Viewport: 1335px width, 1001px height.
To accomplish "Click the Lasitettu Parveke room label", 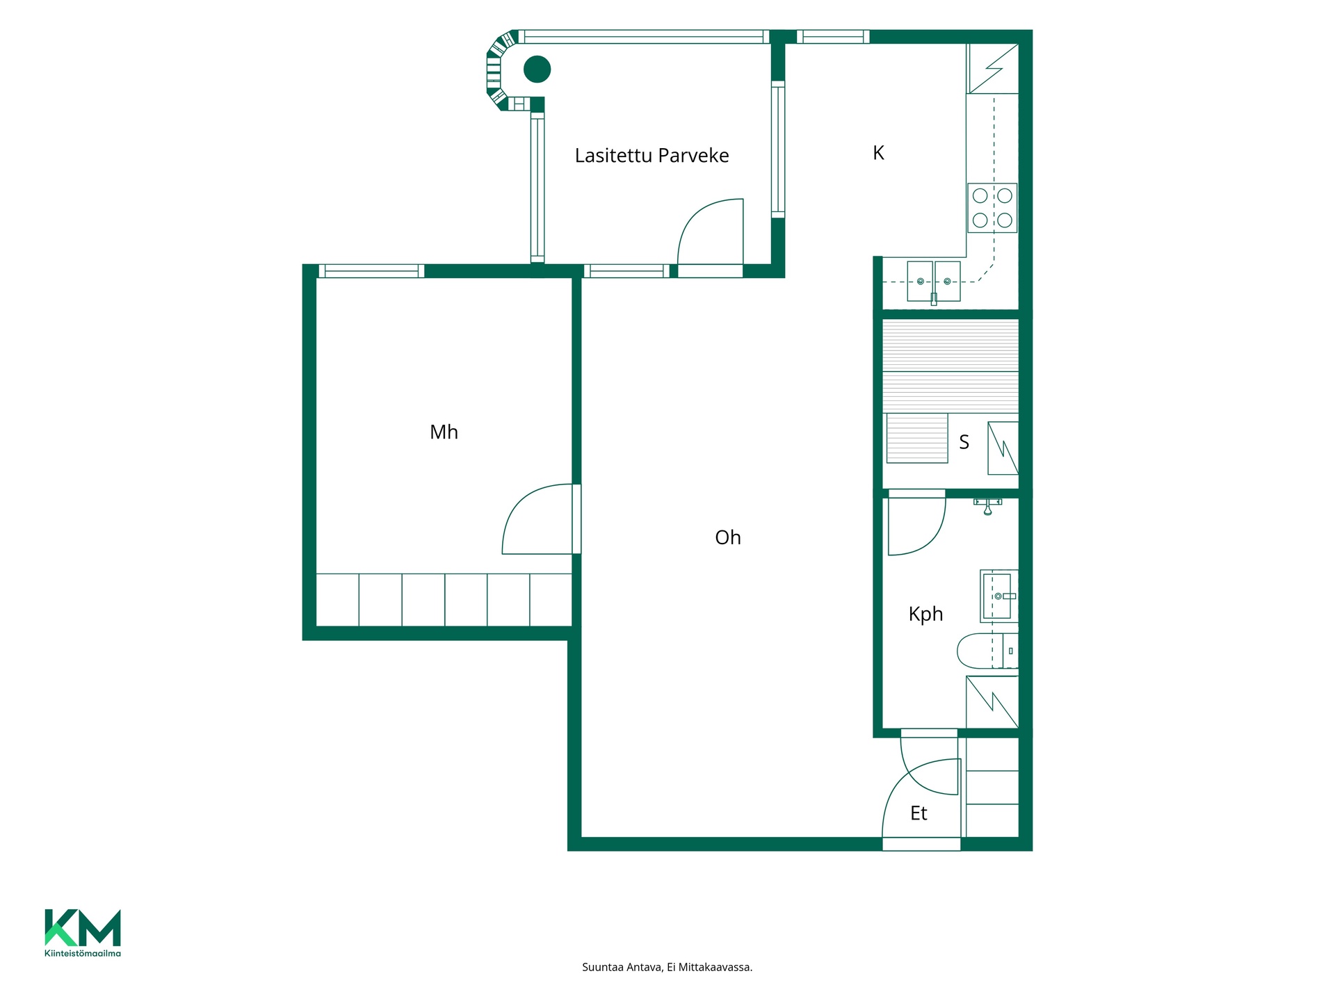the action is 652,156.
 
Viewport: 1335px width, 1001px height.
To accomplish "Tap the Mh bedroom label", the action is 444,432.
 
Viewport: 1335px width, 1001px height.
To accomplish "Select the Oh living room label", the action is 728,537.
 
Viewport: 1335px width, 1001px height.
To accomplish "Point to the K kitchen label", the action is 878,153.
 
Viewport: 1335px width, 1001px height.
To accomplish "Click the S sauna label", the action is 964,442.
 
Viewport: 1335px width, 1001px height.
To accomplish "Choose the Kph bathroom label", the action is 925,615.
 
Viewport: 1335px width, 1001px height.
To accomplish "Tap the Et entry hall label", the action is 919,813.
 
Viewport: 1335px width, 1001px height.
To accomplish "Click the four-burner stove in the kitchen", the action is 992,208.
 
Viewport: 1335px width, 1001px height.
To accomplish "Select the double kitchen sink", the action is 934,282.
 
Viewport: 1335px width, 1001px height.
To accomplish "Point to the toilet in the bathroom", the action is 987,651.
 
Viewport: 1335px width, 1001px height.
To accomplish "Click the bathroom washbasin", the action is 999,596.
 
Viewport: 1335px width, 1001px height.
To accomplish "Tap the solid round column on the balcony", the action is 537,69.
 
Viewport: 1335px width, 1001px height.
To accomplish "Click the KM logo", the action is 83,927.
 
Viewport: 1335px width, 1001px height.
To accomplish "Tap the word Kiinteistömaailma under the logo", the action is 83,953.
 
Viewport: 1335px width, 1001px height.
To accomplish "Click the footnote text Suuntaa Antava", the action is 622,967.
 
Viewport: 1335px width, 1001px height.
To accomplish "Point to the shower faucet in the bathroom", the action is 987,505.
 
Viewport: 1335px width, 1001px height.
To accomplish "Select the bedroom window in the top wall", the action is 371,271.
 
